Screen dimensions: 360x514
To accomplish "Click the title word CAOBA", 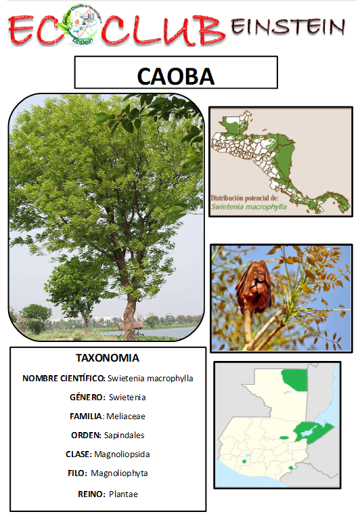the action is (x=176, y=75).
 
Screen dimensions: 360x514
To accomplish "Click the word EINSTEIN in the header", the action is (x=288, y=26).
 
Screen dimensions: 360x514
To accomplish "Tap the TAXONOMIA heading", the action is (x=108, y=358).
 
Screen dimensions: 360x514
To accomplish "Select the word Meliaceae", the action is (x=125, y=416).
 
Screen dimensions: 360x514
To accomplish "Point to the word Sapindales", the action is (x=126, y=435).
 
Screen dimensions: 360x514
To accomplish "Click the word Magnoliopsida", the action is (x=122, y=454).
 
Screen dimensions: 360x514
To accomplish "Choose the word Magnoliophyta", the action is (x=119, y=473).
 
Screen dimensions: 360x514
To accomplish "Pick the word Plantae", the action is (x=123, y=494).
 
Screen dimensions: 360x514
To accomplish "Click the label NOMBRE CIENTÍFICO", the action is (x=64, y=378).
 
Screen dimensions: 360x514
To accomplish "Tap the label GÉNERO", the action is (x=87, y=397).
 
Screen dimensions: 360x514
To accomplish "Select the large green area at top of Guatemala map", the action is (x=294, y=380).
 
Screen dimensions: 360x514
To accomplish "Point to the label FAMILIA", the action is (x=87, y=416).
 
